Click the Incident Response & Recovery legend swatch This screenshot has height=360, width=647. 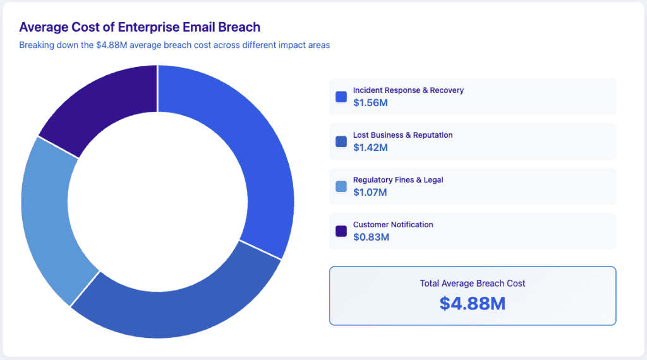[x=341, y=97]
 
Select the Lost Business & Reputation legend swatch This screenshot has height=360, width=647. [x=341, y=141]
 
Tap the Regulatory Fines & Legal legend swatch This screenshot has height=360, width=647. [x=341, y=186]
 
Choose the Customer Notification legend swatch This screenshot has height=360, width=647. [x=341, y=231]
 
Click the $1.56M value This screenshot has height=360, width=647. [x=370, y=103]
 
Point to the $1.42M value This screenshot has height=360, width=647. [x=370, y=148]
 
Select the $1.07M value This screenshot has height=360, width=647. [x=370, y=193]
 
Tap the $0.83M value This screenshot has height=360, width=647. [x=371, y=237]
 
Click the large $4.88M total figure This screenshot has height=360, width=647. [x=472, y=303]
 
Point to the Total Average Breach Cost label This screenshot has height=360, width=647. [x=472, y=283]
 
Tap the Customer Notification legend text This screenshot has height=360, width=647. [x=393, y=225]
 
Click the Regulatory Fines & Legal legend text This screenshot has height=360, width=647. [x=398, y=180]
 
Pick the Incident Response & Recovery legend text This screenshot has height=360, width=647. [x=408, y=90]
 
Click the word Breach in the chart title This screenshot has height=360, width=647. [x=239, y=27]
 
